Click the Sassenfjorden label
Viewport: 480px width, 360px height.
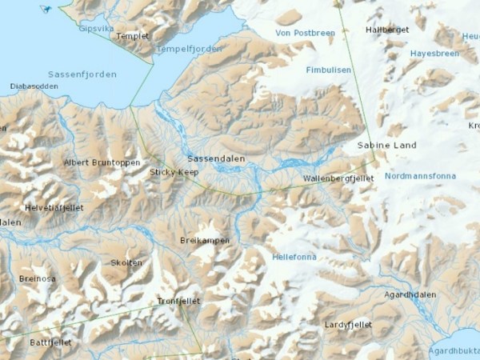[x=82, y=74]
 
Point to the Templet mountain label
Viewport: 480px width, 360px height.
[x=133, y=36]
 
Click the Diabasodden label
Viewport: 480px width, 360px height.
[x=34, y=86]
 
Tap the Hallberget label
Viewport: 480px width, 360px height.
[x=387, y=30]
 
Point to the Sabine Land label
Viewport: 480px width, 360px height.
[x=386, y=146]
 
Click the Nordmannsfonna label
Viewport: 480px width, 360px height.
[x=420, y=176]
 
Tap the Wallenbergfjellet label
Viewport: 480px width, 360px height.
[x=338, y=178]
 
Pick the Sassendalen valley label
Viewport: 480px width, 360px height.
[x=216, y=158]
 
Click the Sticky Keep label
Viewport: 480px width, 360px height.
[x=174, y=172]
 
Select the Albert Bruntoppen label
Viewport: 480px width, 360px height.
[x=102, y=162]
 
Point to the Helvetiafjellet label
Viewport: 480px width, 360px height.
[x=54, y=207]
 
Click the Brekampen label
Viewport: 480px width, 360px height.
[x=205, y=241]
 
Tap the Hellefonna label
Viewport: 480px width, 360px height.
[x=294, y=258]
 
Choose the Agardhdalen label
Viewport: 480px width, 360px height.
[x=410, y=294]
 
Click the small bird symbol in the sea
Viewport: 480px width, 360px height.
[x=46, y=9]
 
